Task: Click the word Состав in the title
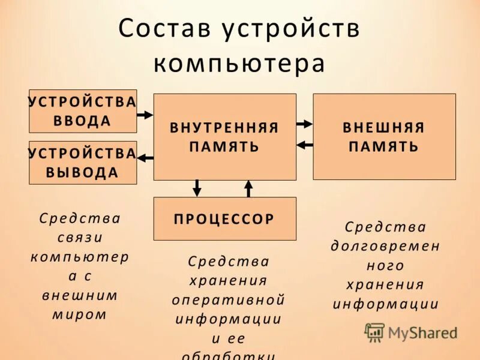click(x=165, y=29)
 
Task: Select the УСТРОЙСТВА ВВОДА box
click(x=83, y=111)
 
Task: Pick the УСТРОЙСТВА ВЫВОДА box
click(x=83, y=163)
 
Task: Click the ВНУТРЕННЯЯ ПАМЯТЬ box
click(x=224, y=137)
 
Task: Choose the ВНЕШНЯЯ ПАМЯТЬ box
click(x=384, y=137)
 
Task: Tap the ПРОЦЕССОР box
click(x=224, y=219)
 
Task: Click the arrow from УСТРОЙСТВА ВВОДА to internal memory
click(x=145, y=114)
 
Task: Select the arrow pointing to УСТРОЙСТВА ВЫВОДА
click(x=146, y=158)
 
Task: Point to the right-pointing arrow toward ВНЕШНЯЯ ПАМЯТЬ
click(x=305, y=124)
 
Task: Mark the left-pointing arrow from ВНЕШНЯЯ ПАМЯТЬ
click(x=305, y=144)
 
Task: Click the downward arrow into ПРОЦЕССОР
click(x=197, y=188)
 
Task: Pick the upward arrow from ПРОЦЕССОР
click(x=248, y=188)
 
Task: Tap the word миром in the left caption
click(x=80, y=314)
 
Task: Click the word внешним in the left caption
click(x=80, y=295)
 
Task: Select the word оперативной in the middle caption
click(x=229, y=299)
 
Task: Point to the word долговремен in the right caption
click(x=385, y=246)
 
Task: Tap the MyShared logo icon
click(x=374, y=332)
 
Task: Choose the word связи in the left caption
click(x=80, y=237)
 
